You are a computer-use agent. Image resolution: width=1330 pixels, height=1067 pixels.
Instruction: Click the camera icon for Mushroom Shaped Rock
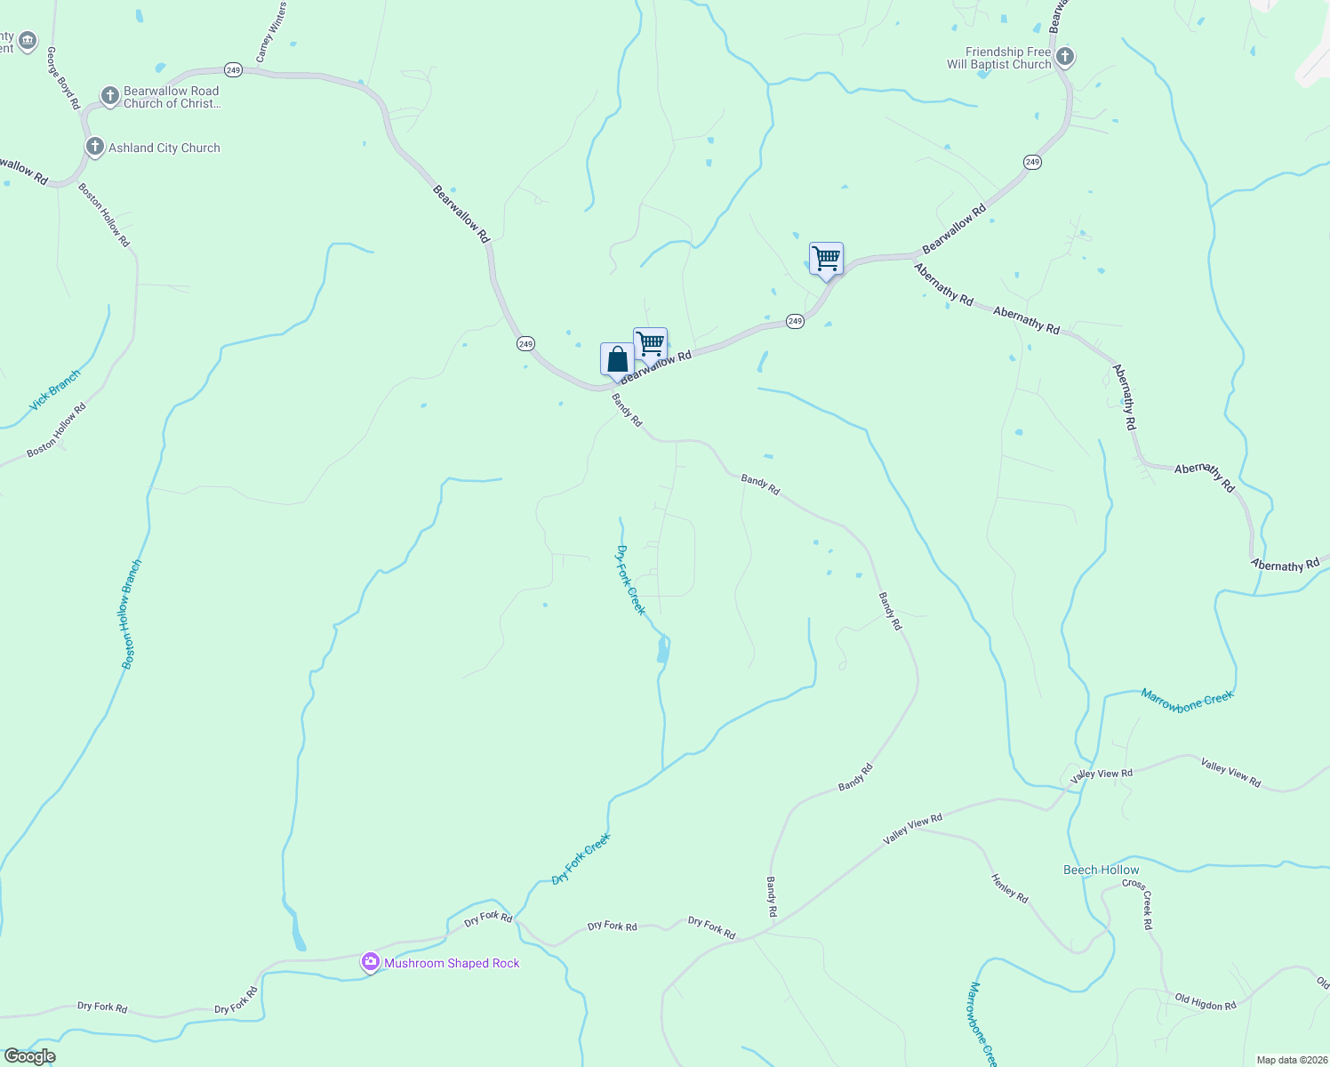(x=370, y=962)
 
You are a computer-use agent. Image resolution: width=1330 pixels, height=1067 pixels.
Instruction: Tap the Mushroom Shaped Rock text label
(x=452, y=963)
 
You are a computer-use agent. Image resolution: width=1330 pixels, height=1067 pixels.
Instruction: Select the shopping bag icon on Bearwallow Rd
(x=617, y=359)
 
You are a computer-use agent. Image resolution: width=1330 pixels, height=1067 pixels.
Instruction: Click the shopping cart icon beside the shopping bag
(x=650, y=344)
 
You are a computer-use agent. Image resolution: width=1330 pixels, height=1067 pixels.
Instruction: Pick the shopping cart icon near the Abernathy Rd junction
(x=826, y=259)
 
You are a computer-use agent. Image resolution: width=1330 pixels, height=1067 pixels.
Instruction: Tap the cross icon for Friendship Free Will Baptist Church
(x=1064, y=58)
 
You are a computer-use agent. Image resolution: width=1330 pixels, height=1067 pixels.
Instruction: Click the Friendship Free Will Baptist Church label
(x=999, y=59)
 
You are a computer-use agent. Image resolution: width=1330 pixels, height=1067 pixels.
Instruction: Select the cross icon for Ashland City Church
(x=94, y=147)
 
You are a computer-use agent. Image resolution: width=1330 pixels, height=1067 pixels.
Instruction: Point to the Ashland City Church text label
(x=164, y=148)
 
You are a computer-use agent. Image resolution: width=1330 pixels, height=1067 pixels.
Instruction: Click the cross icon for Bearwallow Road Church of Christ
(x=109, y=96)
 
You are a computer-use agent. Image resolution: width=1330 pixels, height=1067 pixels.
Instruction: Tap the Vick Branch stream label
(x=55, y=389)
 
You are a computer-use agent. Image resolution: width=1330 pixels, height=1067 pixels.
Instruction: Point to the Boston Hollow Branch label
(x=132, y=614)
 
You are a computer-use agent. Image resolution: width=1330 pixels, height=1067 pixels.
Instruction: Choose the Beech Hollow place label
(x=1101, y=870)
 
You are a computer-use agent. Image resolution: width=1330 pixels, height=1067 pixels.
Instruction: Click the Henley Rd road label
(x=1010, y=887)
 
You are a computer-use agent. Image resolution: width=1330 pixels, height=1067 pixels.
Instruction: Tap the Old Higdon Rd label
(x=1206, y=1002)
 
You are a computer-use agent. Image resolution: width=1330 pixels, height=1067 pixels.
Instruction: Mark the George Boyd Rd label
(x=63, y=78)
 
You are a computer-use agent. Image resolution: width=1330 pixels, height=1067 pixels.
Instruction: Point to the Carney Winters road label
(x=271, y=32)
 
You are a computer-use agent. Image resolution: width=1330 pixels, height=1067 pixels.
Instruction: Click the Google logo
(x=29, y=1056)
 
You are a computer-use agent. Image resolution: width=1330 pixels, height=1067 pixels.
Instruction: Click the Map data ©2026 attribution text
(x=1290, y=1060)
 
